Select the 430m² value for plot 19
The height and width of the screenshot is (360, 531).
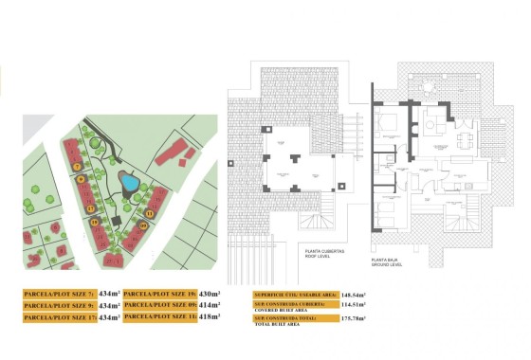pyautogui.click(x=209, y=295)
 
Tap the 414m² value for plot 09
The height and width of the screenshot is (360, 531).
pyautogui.click(x=209, y=306)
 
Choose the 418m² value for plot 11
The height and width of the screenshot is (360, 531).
pyautogui.click(x=209, y=317)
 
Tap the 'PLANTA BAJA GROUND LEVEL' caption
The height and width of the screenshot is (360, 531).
pyautogui.click(x=385, y=261)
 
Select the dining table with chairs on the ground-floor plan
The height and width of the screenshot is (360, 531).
pyautogui.click(x=463, y=140)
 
